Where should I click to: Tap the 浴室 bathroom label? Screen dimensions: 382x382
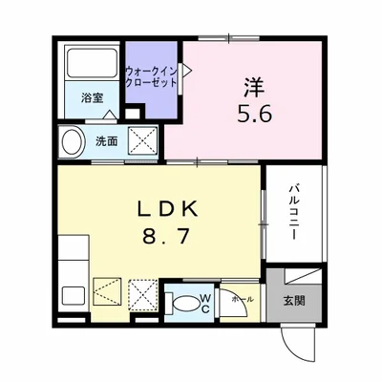click(91, 96)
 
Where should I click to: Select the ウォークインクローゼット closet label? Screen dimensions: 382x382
click(153, 77)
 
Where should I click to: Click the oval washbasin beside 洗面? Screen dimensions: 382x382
click(72, 142)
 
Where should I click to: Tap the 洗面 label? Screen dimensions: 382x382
click(105, 142)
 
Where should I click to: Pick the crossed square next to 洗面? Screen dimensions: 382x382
click(144, 140)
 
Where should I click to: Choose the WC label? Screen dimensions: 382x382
click(205, 303)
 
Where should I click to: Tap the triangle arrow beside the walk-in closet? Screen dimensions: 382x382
click(188, 69)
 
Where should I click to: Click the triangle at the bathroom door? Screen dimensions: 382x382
click(110, 114)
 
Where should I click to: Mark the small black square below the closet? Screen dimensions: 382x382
click(136, 110)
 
